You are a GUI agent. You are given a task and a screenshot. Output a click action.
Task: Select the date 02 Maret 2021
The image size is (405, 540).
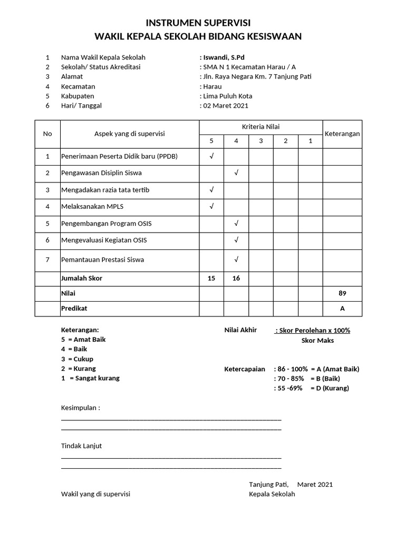pos(225,105)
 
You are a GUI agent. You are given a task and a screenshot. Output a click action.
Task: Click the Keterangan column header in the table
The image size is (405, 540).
pos(342,133)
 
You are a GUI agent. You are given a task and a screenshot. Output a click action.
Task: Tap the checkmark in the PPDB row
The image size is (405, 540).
pos(211,157)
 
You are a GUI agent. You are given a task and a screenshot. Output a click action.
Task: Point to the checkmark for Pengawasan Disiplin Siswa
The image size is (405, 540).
pos(236,173)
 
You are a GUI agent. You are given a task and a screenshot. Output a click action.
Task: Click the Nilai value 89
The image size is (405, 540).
pos(342,293)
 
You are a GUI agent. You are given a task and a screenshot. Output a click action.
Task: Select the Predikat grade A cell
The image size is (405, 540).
pos(342,308)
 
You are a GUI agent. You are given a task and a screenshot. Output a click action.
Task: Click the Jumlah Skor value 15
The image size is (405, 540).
pos(211,278)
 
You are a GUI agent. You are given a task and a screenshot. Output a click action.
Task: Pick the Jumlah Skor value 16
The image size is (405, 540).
pos(236,278)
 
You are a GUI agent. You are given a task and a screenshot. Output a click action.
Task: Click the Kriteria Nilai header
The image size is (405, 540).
pos(261,127)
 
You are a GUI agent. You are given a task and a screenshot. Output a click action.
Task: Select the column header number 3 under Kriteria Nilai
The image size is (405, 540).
pos(261,141)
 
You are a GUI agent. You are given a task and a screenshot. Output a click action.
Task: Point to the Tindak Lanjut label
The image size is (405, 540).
pos(81,446)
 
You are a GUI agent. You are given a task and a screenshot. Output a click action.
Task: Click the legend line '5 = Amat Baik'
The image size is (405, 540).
pos(83,339)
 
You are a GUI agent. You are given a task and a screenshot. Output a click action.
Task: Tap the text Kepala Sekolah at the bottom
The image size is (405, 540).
pos(272,494)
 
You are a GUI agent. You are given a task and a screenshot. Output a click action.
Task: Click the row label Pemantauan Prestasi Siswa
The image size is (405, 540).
pos(102,259)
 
